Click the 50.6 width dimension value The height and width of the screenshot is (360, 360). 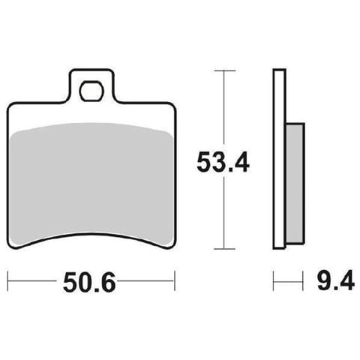(89, 282)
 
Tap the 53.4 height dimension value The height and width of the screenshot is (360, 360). (223, 162)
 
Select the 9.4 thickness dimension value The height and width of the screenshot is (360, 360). (336, 280)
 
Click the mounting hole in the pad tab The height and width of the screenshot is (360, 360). (91, 91)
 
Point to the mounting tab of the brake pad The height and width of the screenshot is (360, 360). (91, 86)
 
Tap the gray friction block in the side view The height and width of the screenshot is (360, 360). (295, 183)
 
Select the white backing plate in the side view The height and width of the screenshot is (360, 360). (279, 159)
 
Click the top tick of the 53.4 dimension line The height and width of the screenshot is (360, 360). (225, 71)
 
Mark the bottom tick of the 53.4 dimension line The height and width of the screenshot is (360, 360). (224, 249)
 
